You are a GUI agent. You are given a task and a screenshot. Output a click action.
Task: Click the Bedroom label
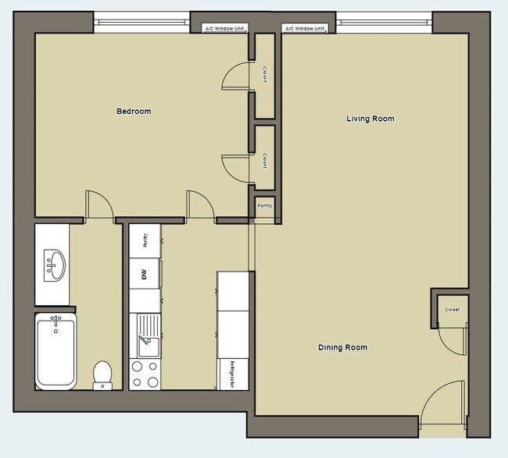[x=134, y=112]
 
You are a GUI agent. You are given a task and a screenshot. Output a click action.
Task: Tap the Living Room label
[x=370, y=119]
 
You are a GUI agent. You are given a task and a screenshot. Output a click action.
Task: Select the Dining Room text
[x=342, y=347]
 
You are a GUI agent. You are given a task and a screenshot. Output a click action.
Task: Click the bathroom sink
[x=54, y=265]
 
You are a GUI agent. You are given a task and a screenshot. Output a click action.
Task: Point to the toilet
[x=102, y=374]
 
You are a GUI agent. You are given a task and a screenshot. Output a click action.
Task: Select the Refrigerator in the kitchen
[x=234, y=374]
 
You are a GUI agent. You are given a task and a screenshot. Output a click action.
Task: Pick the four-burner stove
[x=145, y=374]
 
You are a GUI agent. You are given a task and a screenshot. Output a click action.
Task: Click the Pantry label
[x=265, y=206]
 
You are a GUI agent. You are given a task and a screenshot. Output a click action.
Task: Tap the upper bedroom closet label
[x=266, y=76]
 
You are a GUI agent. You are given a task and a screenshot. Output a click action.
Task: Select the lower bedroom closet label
[x=266, y=162]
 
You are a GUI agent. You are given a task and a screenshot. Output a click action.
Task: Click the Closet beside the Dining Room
[x=452, y=310]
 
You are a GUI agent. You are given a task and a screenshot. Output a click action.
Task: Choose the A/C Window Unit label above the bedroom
[x=224, y=29]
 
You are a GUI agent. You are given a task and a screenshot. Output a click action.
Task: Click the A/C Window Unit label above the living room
[x=306, y=29]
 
